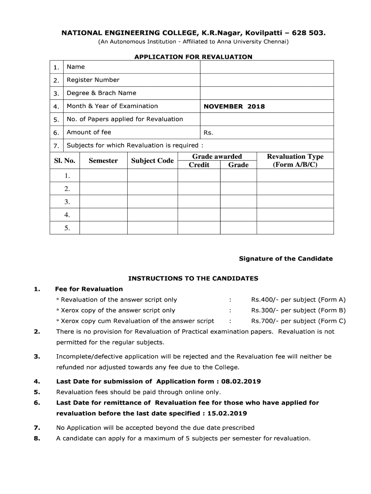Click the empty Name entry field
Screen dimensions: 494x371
pos(266,67)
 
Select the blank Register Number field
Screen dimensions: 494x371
pos(266,80)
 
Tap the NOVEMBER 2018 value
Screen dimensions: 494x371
pos(234,107)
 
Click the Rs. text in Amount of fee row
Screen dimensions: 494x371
pos(208,133)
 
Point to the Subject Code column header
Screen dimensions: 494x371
pos(152,161)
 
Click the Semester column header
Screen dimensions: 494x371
pos(103,161)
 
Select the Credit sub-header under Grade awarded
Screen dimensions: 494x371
pos(199,165)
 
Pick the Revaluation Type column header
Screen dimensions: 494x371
pos(295,161)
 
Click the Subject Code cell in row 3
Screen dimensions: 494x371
pos(152,202)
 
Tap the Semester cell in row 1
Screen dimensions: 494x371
pos(103,176)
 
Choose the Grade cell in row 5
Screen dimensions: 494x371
pos(238,228)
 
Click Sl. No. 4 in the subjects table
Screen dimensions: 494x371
pos(67,215)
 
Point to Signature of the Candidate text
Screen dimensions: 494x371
pos(286,259)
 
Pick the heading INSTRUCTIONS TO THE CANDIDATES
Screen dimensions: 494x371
pos(193,278)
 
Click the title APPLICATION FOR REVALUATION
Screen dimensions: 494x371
pos(193,57)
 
